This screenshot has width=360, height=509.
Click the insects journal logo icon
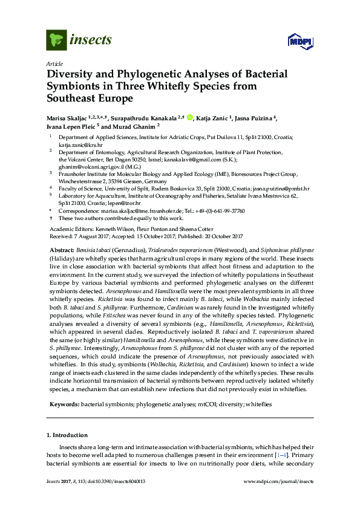[x=56, y=40]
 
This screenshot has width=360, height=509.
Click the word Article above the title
[x=53, y=63]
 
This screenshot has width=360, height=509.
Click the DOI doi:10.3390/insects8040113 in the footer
[x=111, y=498]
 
